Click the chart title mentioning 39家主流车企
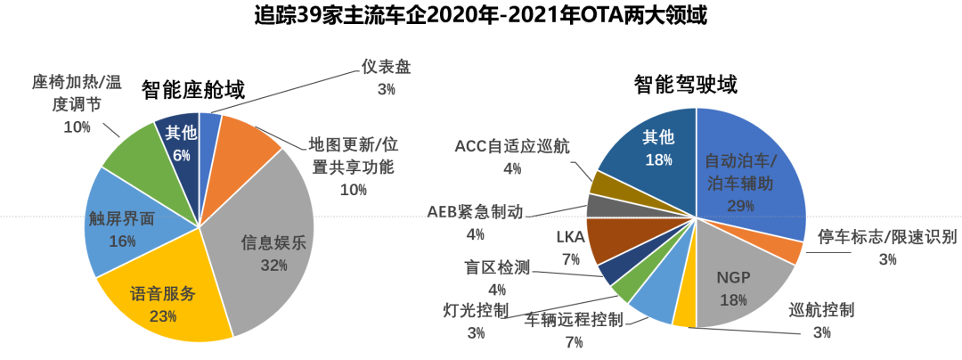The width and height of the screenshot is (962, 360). [x=480, y=16]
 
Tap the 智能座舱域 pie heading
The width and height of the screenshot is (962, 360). [x=193, y=89]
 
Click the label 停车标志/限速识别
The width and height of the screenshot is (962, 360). [x=887, y=237]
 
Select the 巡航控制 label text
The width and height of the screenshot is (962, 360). [x=821, y=310]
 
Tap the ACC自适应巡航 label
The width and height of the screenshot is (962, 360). [x=511, y=145]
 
